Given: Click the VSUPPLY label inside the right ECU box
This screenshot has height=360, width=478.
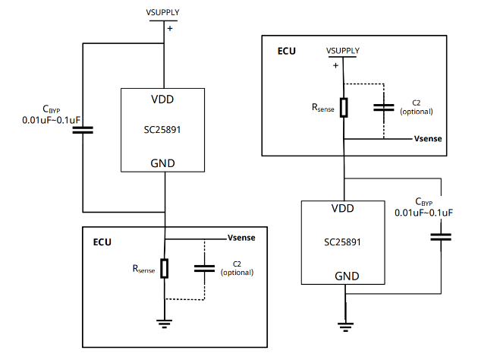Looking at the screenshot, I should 343,51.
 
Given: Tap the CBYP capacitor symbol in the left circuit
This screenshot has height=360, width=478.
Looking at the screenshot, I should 82,130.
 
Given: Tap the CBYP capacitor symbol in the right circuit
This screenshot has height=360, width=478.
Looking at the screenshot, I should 441,238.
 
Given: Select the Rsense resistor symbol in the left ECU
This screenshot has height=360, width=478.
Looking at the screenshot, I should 165,268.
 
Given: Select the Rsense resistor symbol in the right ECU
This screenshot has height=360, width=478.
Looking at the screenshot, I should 344,107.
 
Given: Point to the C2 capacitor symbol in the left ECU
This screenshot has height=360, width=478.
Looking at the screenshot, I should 204,267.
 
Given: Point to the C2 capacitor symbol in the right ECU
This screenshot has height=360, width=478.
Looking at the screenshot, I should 383,107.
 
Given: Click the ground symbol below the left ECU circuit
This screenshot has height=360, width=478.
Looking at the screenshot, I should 165,323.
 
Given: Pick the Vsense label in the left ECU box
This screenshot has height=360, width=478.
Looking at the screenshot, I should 241,238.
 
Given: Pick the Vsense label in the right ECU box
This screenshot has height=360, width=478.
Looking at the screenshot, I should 429,139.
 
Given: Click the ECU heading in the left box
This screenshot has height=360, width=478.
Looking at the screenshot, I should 102,242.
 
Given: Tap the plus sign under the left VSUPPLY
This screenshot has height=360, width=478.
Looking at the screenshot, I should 169,28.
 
